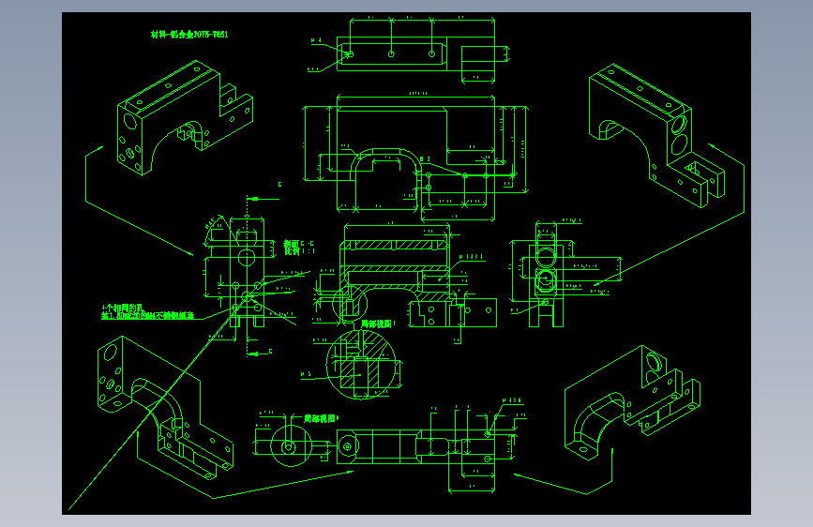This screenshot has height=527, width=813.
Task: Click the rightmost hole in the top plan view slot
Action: (x=430, y=53)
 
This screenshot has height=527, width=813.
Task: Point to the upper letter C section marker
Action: (x=279, y=186)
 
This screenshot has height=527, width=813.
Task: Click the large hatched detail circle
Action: (x=362, y=366)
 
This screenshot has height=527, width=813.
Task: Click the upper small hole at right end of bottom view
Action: (x=489, y=433)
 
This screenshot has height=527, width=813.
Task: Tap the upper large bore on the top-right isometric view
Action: (x=679, y=123)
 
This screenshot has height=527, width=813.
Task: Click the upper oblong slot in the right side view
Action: (x=543, y=258)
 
